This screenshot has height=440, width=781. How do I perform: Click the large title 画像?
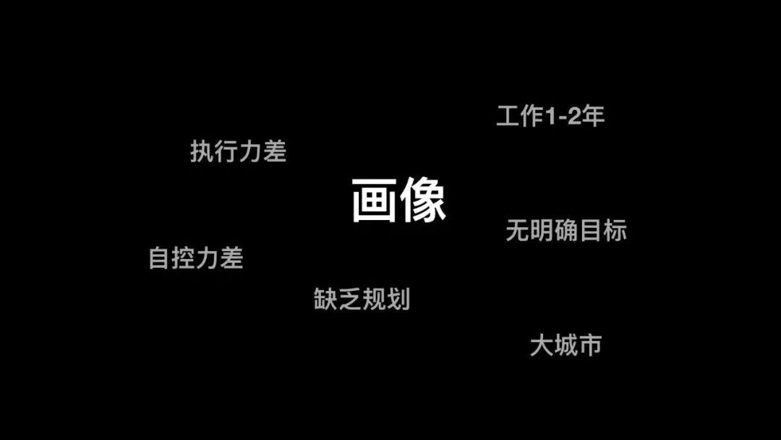(398, 200)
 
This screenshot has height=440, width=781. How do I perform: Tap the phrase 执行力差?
(238, 151)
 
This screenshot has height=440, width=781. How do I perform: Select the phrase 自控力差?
(195, 258)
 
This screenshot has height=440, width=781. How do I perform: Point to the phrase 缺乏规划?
(362, 298)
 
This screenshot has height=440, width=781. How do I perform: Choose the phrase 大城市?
(566, 345)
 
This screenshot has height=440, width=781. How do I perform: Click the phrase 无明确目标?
(566, 230)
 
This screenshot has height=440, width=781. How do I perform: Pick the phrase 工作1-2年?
(550, 116)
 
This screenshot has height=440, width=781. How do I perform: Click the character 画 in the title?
(375, 200)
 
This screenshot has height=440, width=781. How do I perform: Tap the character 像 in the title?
(423, 200)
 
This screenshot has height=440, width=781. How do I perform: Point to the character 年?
(593, 116)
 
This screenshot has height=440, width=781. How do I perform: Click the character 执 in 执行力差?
(202, 151)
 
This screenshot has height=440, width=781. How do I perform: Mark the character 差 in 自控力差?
(231, 258)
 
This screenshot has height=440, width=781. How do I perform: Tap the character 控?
(184, 258)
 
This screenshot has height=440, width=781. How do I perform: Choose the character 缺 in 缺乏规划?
(325, 298)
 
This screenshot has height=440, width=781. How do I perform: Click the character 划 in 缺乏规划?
(398, 298)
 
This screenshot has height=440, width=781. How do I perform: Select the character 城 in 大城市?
(566, 345)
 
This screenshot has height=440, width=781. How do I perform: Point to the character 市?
(589, 345)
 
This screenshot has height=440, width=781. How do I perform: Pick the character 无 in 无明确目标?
(517, 230)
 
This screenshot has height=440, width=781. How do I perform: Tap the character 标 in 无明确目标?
(615, 230)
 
